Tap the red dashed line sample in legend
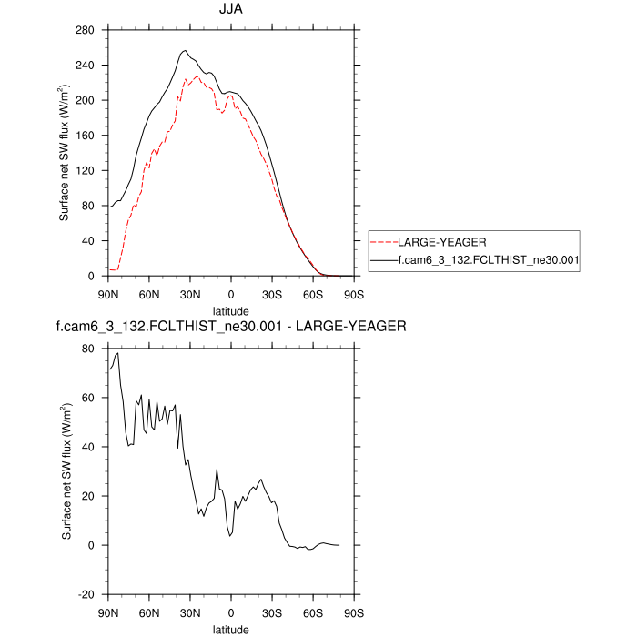coord(389,243)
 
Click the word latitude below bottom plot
coord(231,627)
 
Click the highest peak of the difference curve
coord(117,353)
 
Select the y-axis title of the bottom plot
coord(67,471)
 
